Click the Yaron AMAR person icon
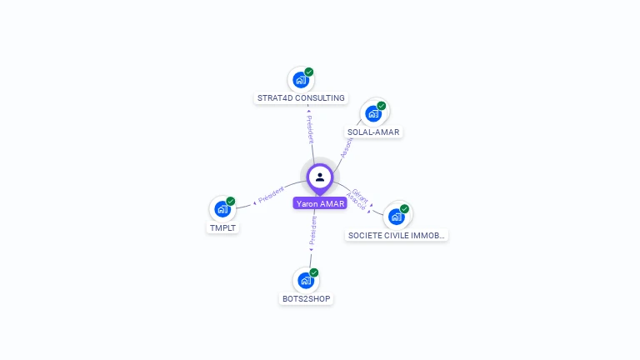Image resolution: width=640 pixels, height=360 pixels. coord(320,177)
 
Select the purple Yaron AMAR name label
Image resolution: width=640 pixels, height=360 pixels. coord(320,203)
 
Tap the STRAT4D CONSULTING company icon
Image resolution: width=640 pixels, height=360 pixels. coord(300,81)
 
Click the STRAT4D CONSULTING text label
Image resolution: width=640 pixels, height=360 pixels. coord(301,98)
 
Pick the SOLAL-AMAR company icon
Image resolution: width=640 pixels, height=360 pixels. coord(372,113)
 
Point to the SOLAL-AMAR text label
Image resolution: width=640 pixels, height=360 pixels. coord(373,132)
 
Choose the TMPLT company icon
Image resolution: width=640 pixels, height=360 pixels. coord(222,208)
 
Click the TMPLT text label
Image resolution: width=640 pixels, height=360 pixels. coord(223,227)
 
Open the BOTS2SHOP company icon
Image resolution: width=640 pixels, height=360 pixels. coord(306,280)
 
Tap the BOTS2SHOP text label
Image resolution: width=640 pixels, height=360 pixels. coord(307,298)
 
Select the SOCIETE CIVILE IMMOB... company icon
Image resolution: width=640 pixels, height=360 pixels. coord(397,216)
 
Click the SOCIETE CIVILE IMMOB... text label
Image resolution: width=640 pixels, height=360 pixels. coord(397,236)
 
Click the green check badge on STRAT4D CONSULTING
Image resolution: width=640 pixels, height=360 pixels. coord(309,72)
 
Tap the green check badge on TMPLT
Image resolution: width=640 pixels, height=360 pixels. coord(231,201)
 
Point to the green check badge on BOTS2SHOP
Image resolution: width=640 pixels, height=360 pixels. coord(314,272)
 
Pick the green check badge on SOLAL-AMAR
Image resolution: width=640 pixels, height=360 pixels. coord(382,106)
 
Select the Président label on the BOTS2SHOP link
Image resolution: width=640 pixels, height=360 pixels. coord(312,232)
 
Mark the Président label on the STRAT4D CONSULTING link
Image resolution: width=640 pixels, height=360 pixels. coord(309,129)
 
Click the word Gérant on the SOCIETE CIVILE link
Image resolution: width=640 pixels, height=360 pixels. coord(360,195)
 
